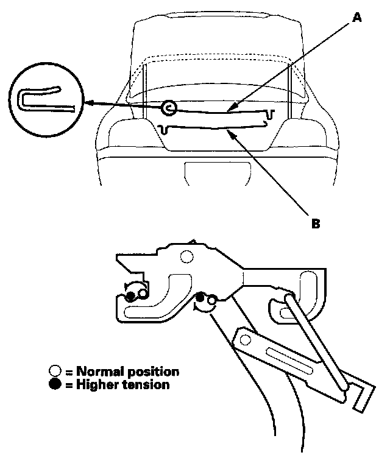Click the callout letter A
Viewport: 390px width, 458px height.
[358, 18]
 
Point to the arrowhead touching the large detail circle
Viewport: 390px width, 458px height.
[88, 104]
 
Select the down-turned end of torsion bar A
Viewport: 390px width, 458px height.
[271, 113]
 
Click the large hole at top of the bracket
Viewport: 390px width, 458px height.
[186, 255]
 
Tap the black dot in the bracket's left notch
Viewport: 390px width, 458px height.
[130, 297]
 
